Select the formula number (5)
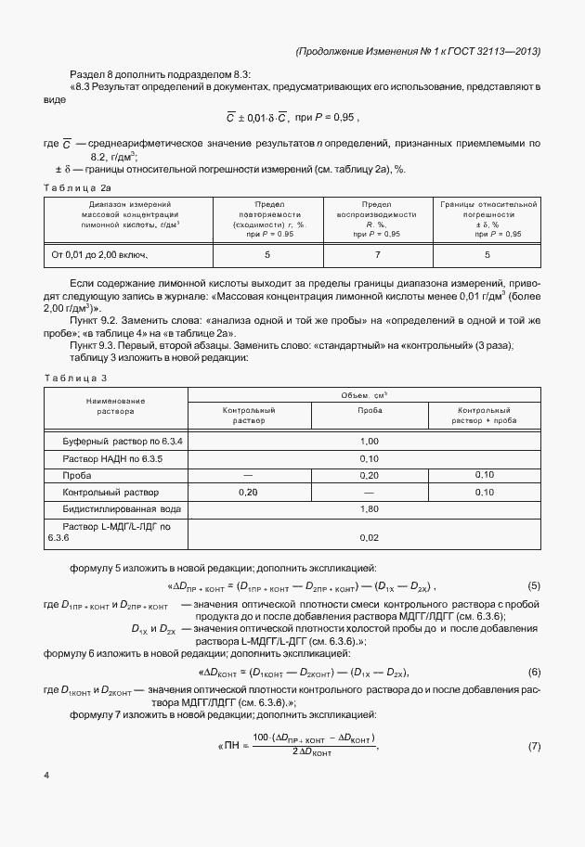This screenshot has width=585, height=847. (x=534, y=586)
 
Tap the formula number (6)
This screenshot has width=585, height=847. (x=534, y=672)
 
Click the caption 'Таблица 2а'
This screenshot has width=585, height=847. (x=79, y=188)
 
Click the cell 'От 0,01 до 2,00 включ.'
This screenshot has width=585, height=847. (x=100, y=253)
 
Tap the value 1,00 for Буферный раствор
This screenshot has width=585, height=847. (x=369, y=442)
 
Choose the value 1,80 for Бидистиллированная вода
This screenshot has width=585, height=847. (x=369, y=509)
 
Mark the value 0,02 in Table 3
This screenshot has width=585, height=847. (x=369, y=536)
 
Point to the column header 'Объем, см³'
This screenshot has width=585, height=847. (x=369, y=394)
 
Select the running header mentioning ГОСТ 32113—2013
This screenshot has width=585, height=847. (x=417, y=51)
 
